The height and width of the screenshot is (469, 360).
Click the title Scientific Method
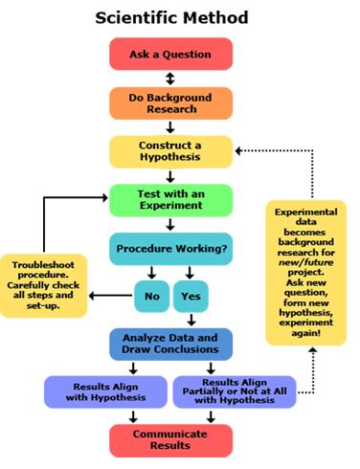click(x=170, y=16)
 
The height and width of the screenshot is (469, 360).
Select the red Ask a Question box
click(x=170, y=55)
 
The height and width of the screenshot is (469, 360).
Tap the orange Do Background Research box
click(x=170, y=103)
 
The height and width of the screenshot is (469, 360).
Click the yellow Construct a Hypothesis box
click(x=170, y=150)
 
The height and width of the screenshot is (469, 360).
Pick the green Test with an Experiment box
click(x=170, y=200)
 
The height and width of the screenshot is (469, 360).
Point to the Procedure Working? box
click(x=170, y=249)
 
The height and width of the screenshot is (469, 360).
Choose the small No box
click(x=151, y=296)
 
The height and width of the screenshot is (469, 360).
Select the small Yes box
click(x=190, y=296)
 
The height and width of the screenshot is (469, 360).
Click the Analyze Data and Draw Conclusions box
click(x=170, y=345)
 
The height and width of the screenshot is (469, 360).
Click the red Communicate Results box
click(x=170, y=439)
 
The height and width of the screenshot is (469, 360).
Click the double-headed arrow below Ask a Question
click(x=170, y=78)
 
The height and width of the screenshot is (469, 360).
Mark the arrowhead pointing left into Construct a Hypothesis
click(x=239, y=150)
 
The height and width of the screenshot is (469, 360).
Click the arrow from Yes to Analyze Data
click(x=190, y=321)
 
